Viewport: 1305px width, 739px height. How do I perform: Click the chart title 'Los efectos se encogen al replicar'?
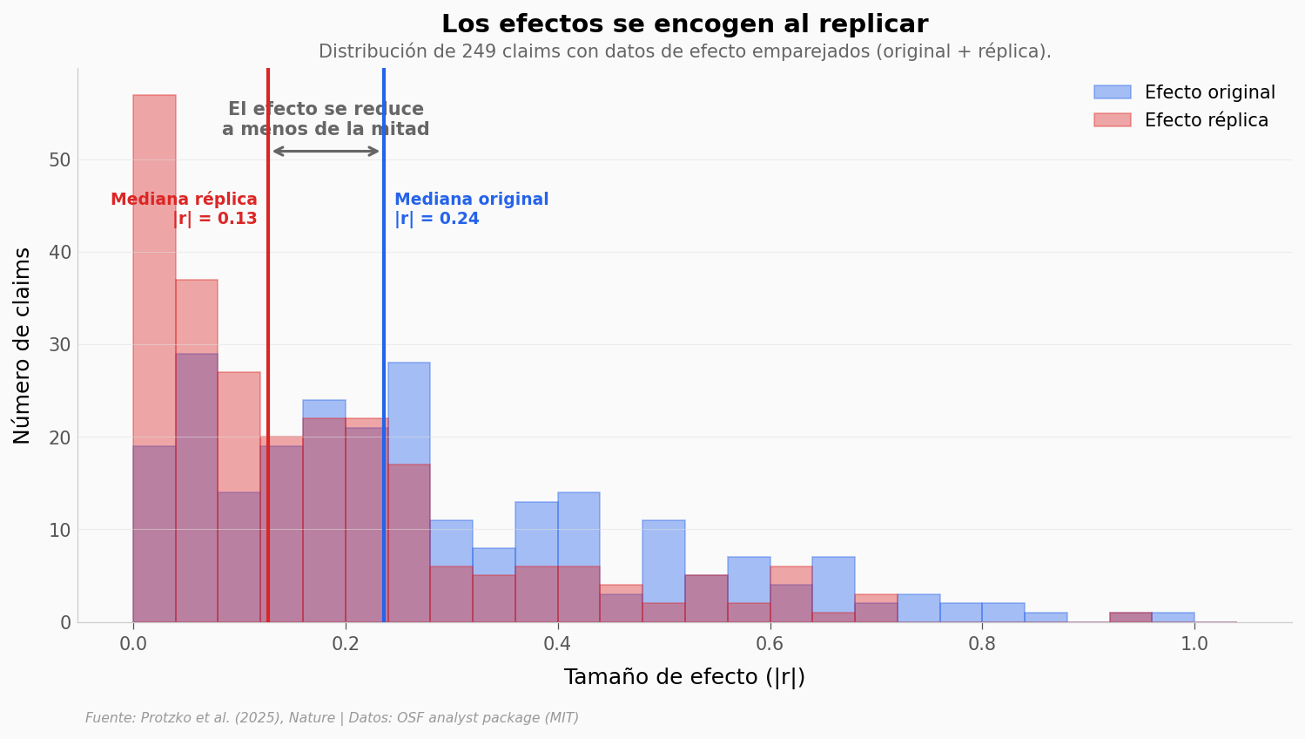(684, 24)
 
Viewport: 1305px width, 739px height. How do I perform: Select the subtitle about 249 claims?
(684, 51)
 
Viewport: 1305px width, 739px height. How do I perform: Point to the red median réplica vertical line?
(268, 349)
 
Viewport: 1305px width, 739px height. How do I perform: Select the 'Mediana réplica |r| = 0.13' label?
(185, 209)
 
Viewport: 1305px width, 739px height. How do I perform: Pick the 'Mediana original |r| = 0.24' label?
(471, 209)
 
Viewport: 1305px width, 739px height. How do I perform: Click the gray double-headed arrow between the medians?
(326, 152)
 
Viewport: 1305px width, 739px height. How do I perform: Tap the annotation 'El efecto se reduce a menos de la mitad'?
(326, 119)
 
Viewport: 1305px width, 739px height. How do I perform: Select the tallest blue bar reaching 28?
(409, 410)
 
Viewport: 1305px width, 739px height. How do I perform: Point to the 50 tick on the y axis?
(60, 160)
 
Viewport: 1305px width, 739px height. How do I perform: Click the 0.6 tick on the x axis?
(770, 644)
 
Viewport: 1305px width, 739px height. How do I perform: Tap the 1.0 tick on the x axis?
(1194, 644)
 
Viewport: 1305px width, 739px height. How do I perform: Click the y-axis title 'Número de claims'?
(23, 345)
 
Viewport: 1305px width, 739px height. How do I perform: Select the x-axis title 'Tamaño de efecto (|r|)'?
(684, 677)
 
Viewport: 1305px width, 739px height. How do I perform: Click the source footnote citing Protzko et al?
(332, 718)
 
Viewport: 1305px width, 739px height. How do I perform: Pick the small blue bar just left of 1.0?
(1173, 617)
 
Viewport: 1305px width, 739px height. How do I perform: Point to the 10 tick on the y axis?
(60, 530)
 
